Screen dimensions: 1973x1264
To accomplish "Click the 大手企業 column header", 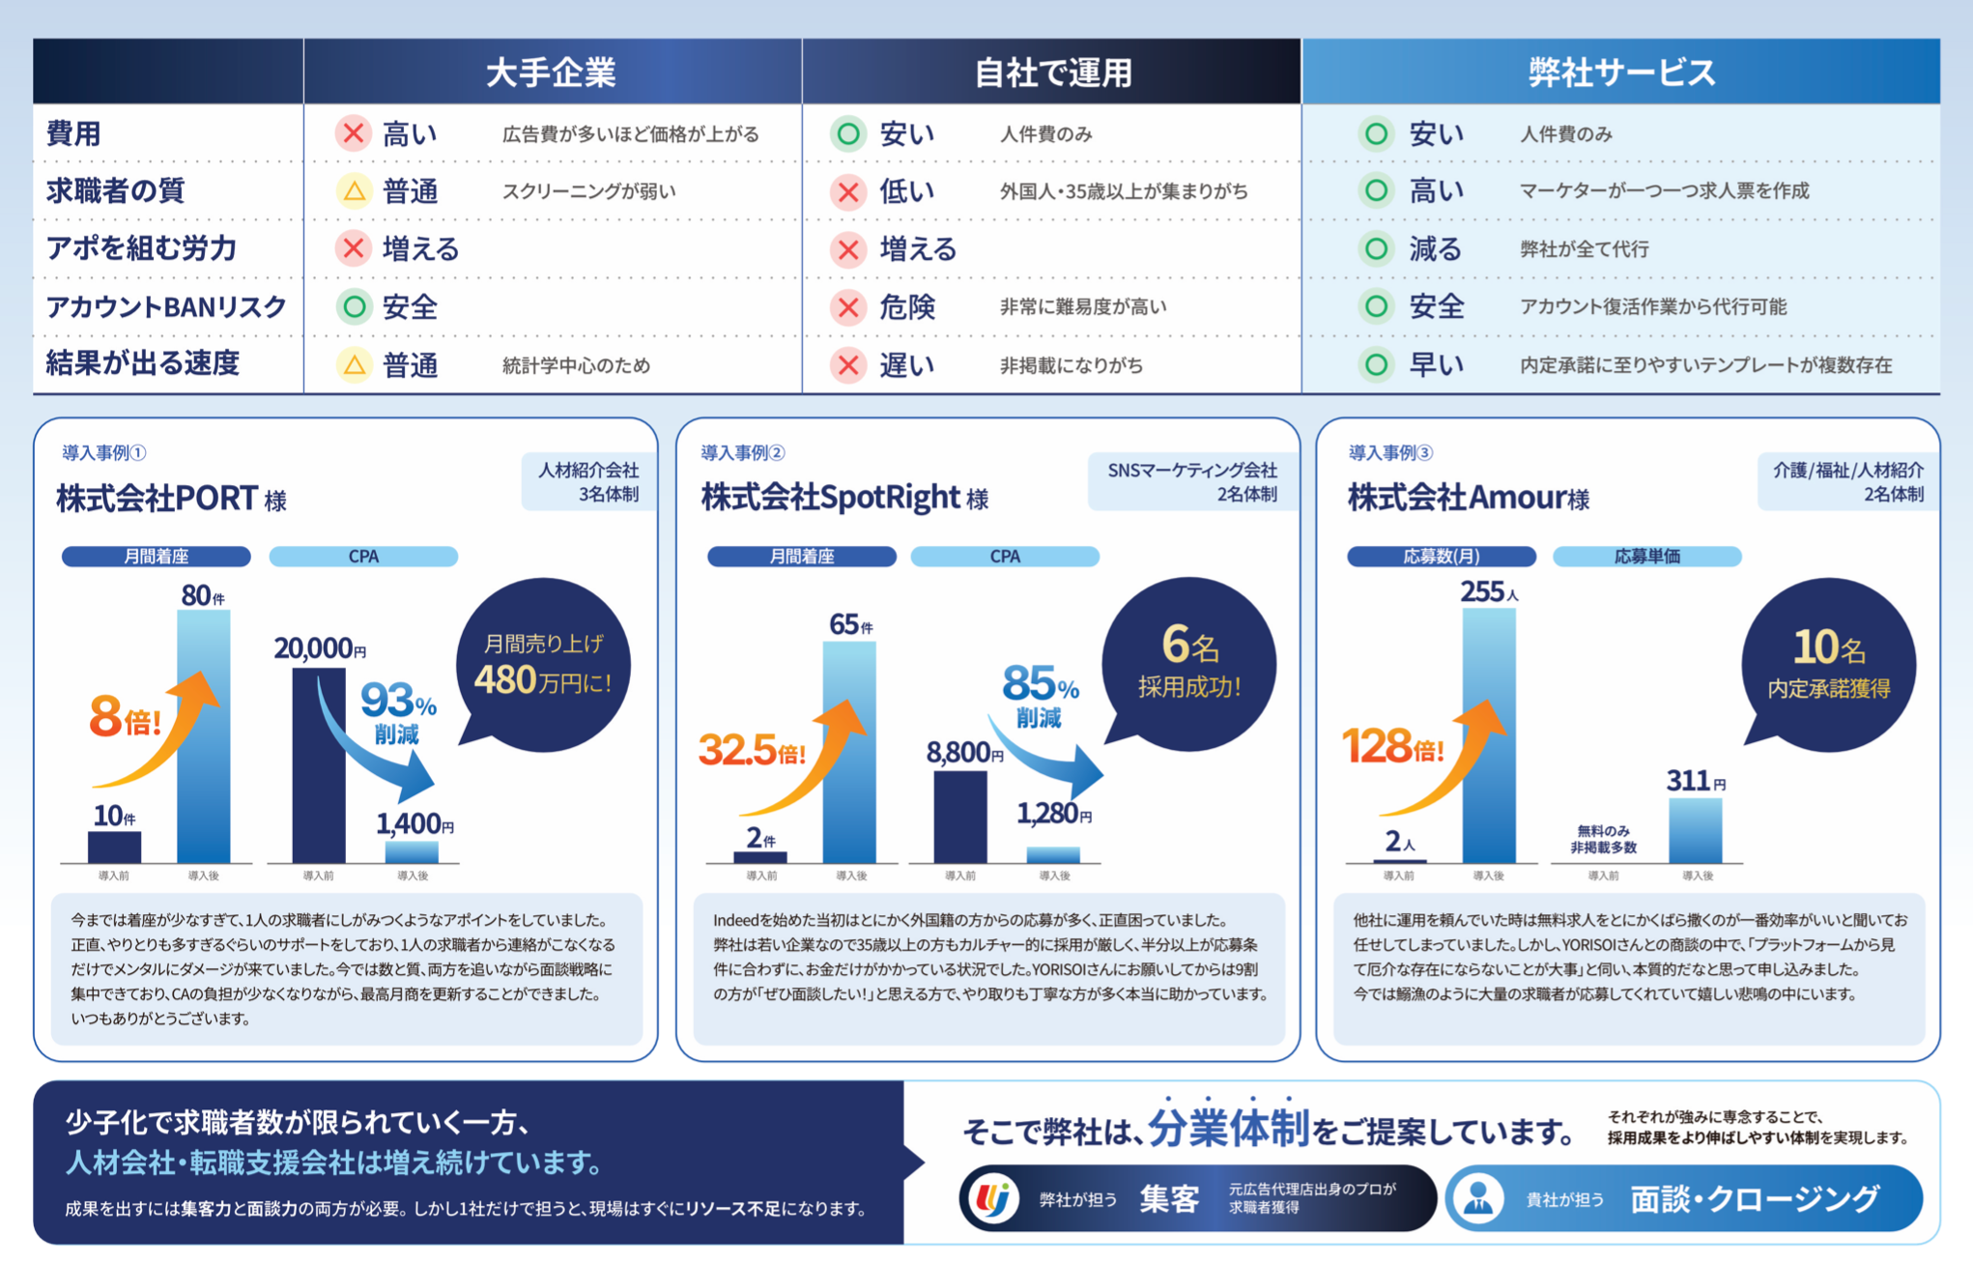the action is pos(551,72).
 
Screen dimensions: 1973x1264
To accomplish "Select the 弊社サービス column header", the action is pos(1621,72).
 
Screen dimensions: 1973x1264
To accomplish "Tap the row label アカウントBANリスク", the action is pos(166,306).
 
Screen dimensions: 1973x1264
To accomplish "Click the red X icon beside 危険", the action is pos(848,307).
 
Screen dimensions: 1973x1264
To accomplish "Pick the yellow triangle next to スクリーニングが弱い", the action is pos(354,191).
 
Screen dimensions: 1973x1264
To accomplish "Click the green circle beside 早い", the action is pos(1376,364).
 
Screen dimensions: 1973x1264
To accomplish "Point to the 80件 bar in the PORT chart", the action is pos(204,736).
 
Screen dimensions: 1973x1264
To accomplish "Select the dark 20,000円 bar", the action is pos(319,765).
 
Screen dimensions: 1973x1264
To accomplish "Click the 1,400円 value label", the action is pos(415,823).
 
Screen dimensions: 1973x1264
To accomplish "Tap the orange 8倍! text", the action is pos(125,718).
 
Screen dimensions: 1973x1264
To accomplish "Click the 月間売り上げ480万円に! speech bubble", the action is pos(543,665).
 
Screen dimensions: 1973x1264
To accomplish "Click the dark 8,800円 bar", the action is pos(960,817).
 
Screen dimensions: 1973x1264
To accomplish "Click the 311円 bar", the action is pos(1696,831).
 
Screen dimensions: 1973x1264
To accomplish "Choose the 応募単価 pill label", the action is pos(1646,557).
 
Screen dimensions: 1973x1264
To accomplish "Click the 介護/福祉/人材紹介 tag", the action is pos(1847,481).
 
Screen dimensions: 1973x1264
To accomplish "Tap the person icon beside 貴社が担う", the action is pos(1478,1198).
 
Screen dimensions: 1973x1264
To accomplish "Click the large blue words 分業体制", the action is pos(1229,1128).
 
